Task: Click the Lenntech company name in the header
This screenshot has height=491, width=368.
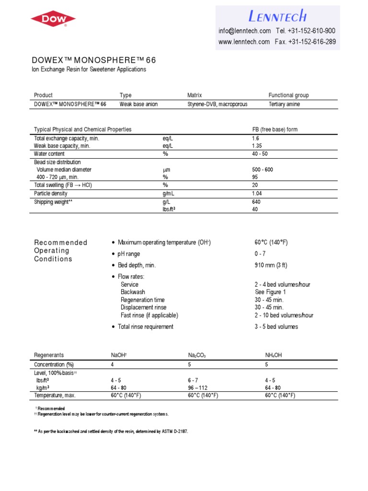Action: (x=277, y=16)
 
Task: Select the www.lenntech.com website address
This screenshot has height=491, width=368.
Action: (x=244, y=42)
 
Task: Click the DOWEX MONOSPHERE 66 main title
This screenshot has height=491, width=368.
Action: (x=93, y=60)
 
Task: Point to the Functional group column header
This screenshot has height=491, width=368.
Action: (x=288, y=95)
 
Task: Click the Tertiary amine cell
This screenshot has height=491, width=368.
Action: (x=285, y=104)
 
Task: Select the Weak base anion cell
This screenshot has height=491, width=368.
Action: (x=138, y=104)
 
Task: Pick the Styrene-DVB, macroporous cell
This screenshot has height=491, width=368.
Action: (x=217, y=104)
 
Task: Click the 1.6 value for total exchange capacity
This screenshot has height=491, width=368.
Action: (x=256, y=138)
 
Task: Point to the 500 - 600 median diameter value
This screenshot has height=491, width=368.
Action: (x=263, y=170)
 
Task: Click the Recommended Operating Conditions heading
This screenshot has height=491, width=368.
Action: (x=60, y=251)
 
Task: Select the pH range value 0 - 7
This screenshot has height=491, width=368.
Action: (x=261, y=254)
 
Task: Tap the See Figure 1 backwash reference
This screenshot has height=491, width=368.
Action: (x=270, y=292)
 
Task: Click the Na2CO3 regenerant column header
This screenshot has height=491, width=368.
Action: (x=196, y=355)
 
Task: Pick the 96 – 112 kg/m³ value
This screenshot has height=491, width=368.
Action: (x=198, y=387)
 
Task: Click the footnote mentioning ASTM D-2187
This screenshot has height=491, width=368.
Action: (x=111, y=432)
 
